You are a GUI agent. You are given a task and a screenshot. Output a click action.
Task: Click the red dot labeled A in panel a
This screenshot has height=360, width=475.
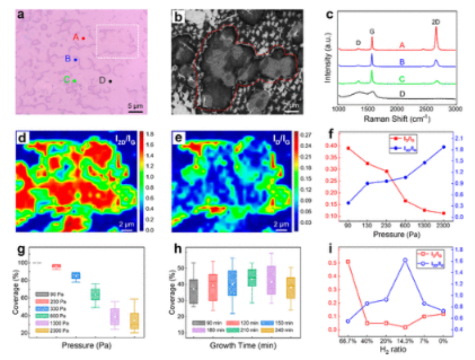click(83, 38)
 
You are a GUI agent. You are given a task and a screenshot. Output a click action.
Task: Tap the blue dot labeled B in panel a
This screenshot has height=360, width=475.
click(75, 59)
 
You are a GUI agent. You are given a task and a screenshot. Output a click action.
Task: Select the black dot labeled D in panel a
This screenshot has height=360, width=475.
click(110, 81)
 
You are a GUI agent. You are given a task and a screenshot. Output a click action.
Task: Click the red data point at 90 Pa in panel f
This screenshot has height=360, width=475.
click(348, 148)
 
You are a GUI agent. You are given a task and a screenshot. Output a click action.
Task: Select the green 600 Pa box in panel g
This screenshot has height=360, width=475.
click(96, 294)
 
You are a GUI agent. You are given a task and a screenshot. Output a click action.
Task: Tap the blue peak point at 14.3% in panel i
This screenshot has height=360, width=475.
click(405, 260)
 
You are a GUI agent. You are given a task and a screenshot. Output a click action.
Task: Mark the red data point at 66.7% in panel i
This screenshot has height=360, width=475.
click(348, 262)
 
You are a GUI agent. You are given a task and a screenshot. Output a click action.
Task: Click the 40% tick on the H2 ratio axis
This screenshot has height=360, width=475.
click(367, 339)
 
